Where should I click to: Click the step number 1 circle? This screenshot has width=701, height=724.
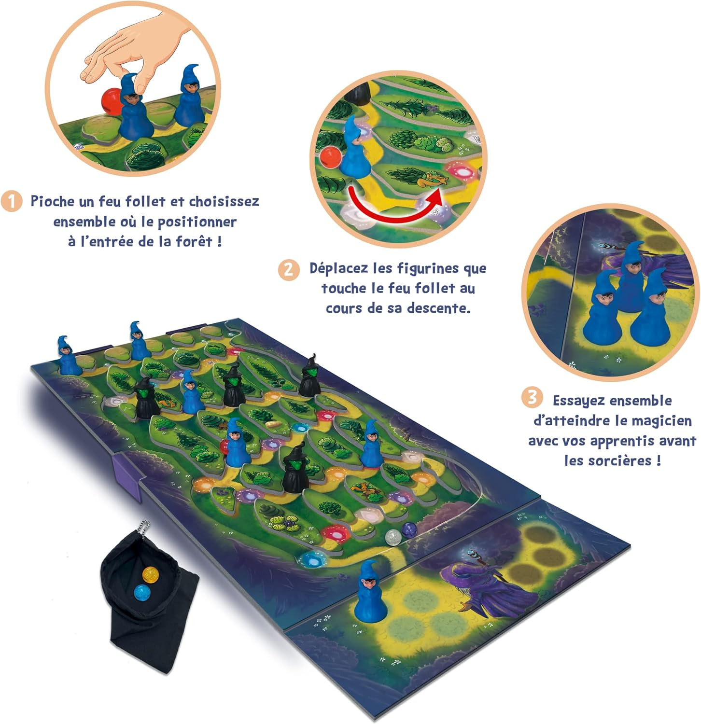[12, 201]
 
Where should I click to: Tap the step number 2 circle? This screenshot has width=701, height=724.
[289, 269]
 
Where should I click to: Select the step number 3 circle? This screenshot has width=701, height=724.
[532, 398]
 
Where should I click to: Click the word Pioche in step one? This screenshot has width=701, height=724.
[52, 201]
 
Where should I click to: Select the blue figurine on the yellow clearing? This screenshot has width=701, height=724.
[371, 592]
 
